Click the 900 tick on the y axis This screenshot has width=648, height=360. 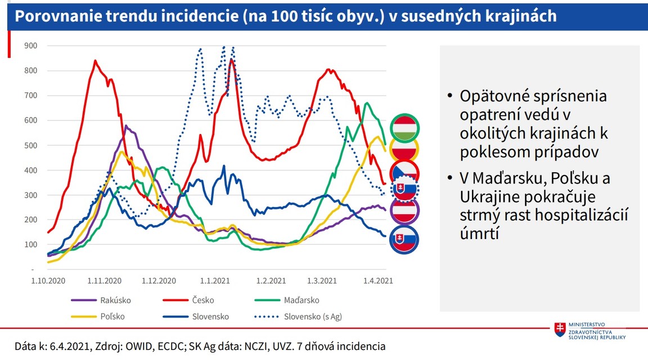coord(30,46)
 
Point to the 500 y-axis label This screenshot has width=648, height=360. coord(30,145)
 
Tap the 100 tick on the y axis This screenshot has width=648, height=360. coord(30,245)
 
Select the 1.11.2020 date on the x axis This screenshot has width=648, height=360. coord(105,280)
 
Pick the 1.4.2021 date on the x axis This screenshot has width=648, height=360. coord(377,280)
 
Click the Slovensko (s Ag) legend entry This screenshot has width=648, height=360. coord(313,317)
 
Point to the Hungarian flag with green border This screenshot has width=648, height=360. coord(404,128)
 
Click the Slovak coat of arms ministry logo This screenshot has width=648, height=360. coord(560,330)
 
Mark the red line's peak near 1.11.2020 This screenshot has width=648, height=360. coord(95,60)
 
